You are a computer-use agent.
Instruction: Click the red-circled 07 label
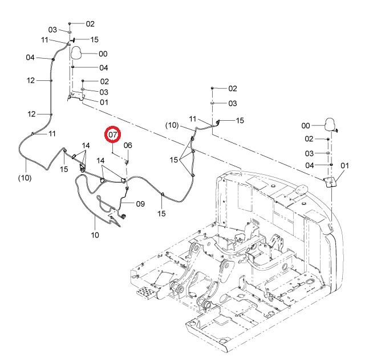click(113, 135)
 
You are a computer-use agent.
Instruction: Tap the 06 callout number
click(128, 145)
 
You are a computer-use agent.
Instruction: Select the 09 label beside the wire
click(140, 204)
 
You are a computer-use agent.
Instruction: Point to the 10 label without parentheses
click(95, 235)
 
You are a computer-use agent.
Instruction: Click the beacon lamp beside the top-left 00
click(76, 52)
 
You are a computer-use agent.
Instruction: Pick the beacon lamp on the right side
click(330, 124)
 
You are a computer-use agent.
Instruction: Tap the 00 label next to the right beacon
click(306, 126)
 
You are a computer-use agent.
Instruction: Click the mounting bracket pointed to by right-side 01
click(331, 182)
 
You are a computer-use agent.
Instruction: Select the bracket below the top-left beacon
click(76, 96)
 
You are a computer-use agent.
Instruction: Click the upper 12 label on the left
click(31, 80)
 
